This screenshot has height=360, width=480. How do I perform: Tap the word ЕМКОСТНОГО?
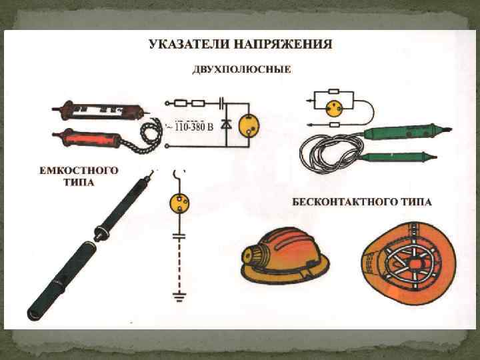click(78, 171)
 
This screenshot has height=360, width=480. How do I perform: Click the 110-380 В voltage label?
click(191, 127)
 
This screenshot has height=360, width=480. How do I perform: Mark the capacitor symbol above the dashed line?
click(179, 235)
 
